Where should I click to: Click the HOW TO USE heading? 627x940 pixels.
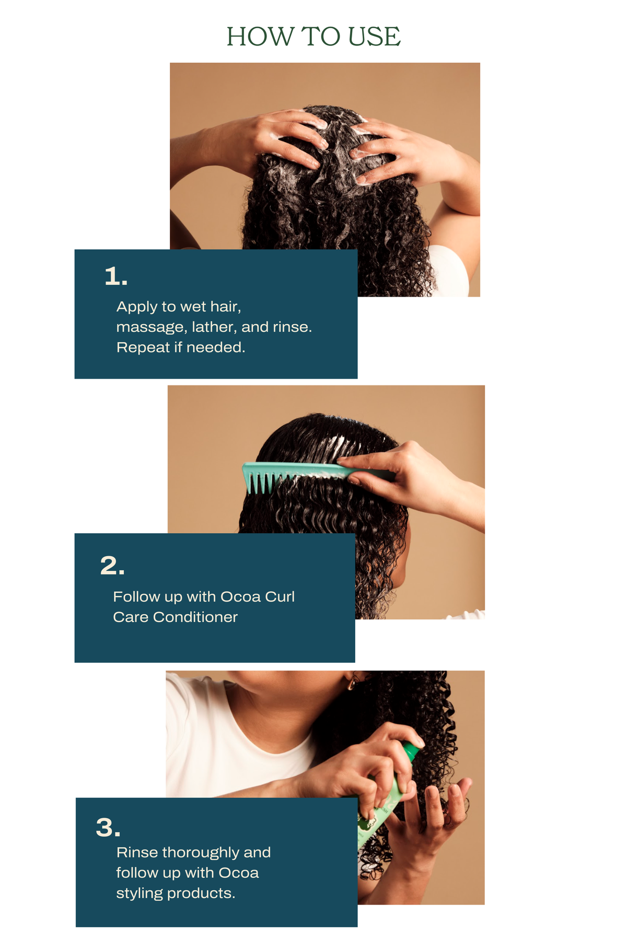pos(313,37)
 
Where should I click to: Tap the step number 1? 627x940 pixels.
pos(116,276)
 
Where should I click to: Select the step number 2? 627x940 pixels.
pos(112,566)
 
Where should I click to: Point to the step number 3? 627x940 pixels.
pos(108,828)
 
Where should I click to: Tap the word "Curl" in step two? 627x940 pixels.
pos(280,596)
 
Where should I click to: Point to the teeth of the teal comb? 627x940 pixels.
pos(264,483)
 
